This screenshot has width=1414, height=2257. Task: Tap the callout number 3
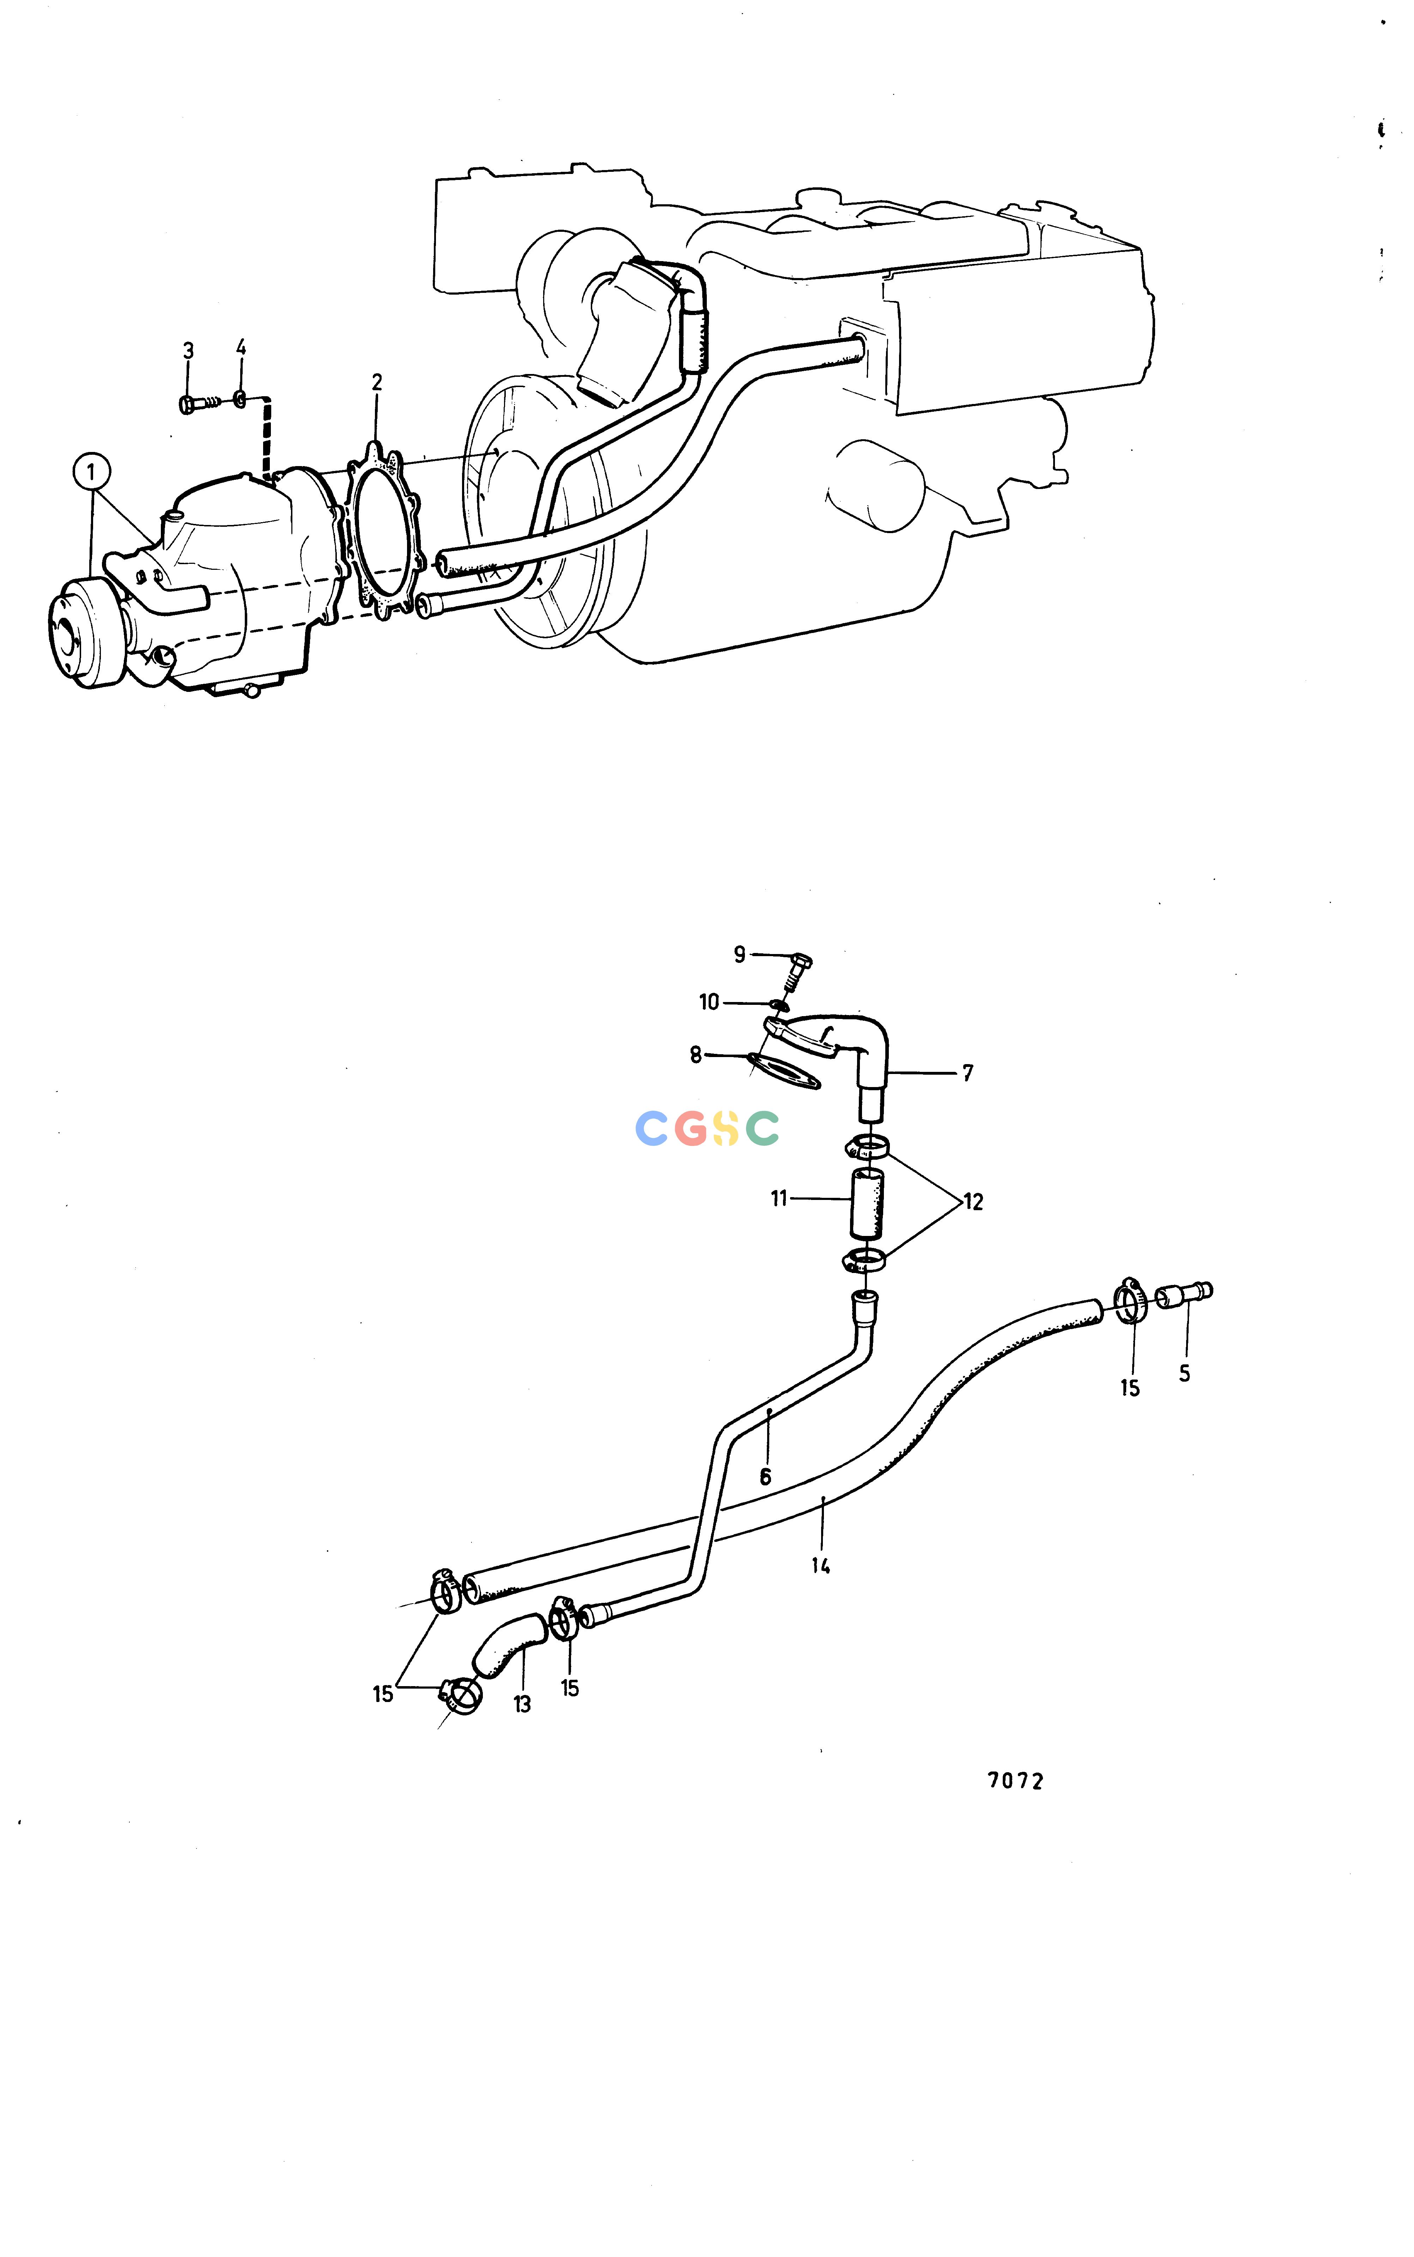[188, 351]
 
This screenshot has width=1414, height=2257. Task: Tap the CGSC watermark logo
[707, 1128]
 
